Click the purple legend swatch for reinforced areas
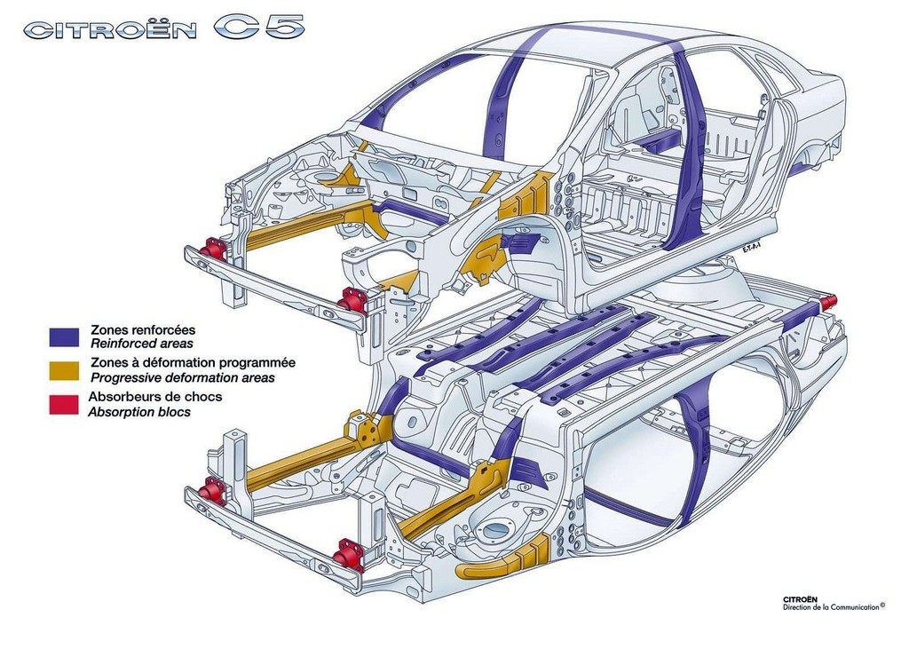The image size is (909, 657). [64, 336]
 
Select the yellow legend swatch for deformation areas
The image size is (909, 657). [64, 371]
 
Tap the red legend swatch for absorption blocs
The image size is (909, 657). [64, 405]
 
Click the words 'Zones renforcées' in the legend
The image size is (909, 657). [143, 329]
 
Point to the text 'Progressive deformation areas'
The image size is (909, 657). [183, 378]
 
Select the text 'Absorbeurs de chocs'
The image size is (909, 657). [155, 397]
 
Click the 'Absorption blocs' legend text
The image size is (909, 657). [139, 412]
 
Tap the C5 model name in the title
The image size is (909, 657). [259, 28]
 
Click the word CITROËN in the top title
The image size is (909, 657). [110, 30]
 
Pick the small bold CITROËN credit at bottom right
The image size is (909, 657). [800, 599]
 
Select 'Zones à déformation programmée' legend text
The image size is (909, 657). [193, 363]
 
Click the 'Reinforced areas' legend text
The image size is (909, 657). [141, 344]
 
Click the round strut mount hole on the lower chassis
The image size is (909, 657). [495, 529]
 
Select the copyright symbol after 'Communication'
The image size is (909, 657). [882, 605]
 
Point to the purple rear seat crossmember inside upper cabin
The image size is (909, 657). [660, 139]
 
